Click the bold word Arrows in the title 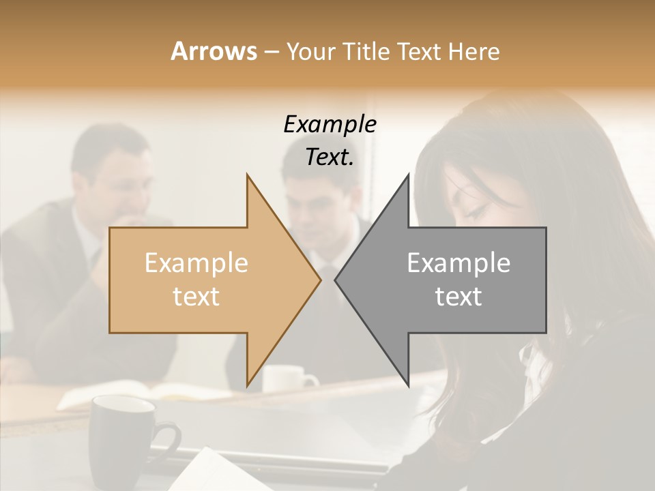214,51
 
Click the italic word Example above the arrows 330,125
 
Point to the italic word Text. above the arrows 330,157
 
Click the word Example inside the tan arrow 196,263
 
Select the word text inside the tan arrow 196,297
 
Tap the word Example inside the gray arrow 458,263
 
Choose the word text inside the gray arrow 458,297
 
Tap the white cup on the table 287,379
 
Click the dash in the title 271,52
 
